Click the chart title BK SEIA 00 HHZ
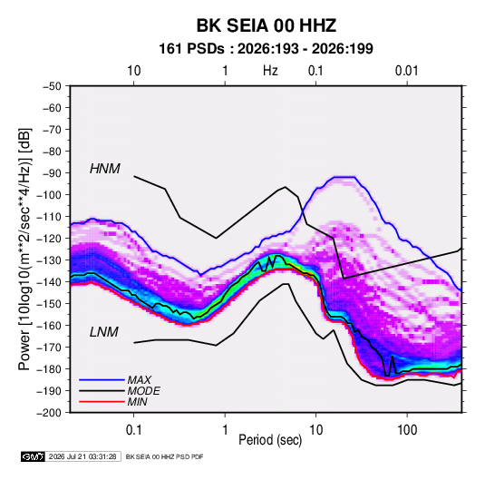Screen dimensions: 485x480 pyautogui.click(x=267, y=25)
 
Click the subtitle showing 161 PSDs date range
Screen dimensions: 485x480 pyautogui.click(x=266, y=49)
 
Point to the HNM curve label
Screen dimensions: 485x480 pyautogui.click(x=105, y=169)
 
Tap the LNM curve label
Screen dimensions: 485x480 pyautogui.click(x=104, y=332)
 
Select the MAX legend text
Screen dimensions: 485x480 pyautogui.click(x=140, y=380)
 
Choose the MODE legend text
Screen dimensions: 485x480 pyautogui.click(x=143, y=391)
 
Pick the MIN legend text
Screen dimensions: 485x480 pyautogui.click(x=137, y=402)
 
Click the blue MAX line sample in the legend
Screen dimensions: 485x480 pyautogui.click(x=102, y=380)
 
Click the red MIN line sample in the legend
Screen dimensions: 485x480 pyautogui.click(x=102, y=402)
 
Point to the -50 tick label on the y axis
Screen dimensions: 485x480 pyautogui.click(x=52, y=86)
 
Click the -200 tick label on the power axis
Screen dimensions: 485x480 pyautogui.click(x=49, y=413)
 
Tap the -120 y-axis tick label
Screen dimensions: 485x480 pyautogui.click(x=49, y=239)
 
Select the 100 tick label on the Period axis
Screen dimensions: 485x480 pyautogui.click(x=407, y=430)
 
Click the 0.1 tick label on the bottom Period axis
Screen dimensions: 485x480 pyautogui.click(x=133, y=430)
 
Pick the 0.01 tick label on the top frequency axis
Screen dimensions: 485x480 pyautogui.click(x=407, y=71)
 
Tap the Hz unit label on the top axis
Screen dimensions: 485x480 pyautogui.click(x=270, y=71)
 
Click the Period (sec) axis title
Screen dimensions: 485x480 pyautogui.click(x=270, y=440)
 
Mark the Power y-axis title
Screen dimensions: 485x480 pyautogui.click(x=24, y=249)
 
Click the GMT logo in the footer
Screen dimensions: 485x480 pyautogui.click(x=33, y=456)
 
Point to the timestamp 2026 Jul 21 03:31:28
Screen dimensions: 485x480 pyautogui.click(x=82, y=456)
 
